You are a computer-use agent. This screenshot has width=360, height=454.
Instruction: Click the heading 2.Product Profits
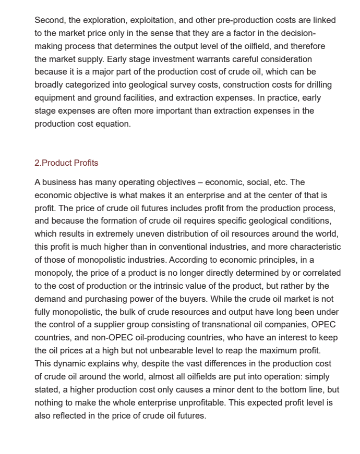click(x=66, y=163)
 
